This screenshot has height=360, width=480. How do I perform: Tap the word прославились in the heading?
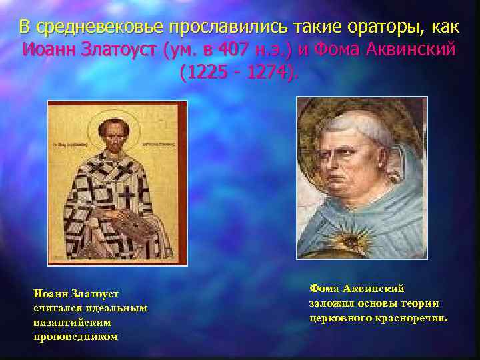click(x=228, y=27)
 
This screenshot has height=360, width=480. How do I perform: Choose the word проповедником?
click(x=75, y=336)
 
